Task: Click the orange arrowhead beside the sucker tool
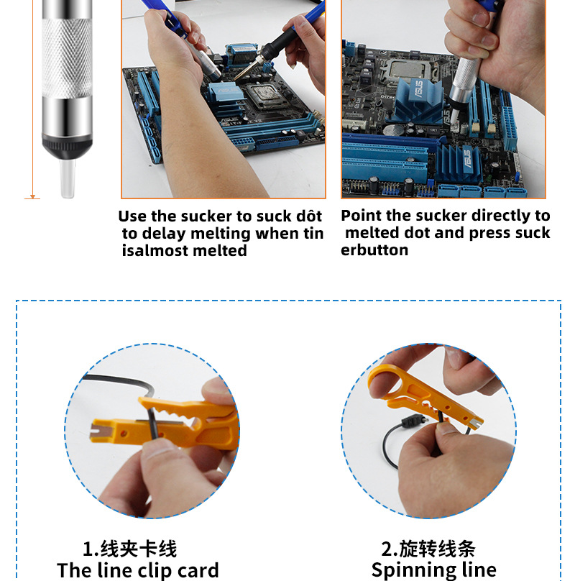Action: click(32, 196)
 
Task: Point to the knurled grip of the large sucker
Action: click(67, 58)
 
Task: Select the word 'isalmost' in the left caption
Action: click(155, 250)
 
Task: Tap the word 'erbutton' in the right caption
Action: click(374, 250)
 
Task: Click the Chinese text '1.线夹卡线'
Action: click(129, 549)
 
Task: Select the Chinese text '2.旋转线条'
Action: click(428, 549)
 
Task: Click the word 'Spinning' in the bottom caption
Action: click(406, 571)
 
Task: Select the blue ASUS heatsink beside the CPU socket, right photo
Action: click(418, 100)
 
